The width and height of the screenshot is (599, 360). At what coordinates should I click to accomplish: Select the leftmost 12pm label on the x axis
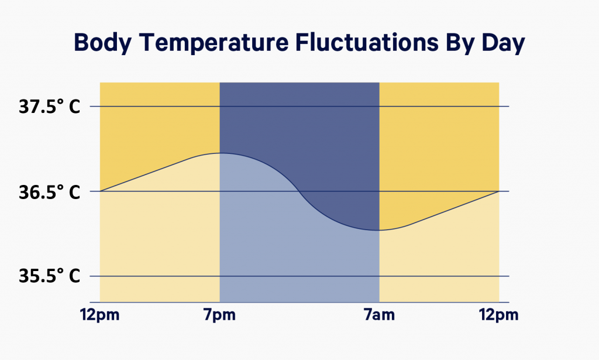pyautogui.click(x=100, y=316)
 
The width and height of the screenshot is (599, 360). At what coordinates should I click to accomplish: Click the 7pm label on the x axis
pyautogui.click(x=220, y=316)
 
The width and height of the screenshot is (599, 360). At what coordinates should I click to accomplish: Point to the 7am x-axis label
pyautogui.click(x=379, y=316)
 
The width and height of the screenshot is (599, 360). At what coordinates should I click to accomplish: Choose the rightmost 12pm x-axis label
pyautogui.click(x=499, y=316)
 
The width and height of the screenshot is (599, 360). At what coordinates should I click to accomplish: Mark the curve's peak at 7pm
pyautogui.click(x=220, y=153)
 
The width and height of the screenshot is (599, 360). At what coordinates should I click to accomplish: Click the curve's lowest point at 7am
pyautogui.click(x=379, y=230)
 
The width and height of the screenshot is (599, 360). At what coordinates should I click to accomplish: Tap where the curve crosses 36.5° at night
pyautogui.click(x=299, y=191)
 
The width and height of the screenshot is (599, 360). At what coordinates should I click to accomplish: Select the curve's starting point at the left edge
pyautogui.click(x=101, y=191)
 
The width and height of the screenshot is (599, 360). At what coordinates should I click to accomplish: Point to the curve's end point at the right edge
pyautogui.click(x=498, y=191)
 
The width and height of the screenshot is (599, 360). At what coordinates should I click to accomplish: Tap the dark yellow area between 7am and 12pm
pyautogui.click(x=439, y=140)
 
